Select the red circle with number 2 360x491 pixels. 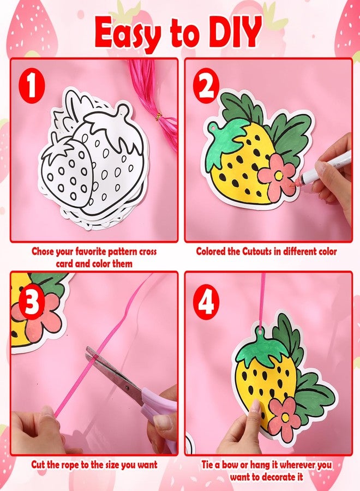coord(206,86)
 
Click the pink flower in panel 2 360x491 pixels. coord(277,175)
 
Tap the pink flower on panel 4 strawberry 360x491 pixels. coord(285,416)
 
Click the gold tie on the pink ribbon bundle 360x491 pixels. coord(159,116)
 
